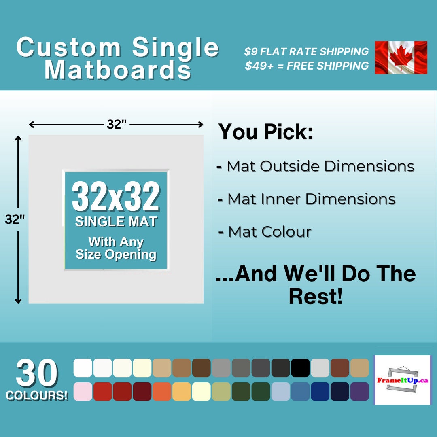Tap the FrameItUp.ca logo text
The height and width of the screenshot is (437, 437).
tap(403, 380)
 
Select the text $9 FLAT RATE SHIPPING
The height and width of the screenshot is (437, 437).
tap(307, 52)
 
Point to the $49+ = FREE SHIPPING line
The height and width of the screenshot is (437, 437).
tap(307, 66)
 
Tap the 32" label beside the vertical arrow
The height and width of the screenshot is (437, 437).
tap(15, 219)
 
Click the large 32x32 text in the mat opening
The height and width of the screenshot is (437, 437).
tap(116, 197)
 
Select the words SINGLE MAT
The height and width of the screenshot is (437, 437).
tap(116, 222)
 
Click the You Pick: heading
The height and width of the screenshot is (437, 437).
tap(266, 132)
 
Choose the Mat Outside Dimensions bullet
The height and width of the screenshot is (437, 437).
tap(320, 166)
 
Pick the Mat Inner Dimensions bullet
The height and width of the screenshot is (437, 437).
tap(311, 199)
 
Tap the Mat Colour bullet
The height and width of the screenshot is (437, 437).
tap(269, 232)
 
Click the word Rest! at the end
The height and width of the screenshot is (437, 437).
tap(316, 297)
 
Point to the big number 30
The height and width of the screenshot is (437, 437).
tap(37, 373)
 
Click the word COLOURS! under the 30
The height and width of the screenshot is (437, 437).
tap(37, 395)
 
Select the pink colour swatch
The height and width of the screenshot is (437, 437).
tap(83, 391)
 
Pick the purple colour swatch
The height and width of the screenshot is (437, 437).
tap(359, 391)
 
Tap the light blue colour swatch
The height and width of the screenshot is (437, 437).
tap(280, 391)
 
